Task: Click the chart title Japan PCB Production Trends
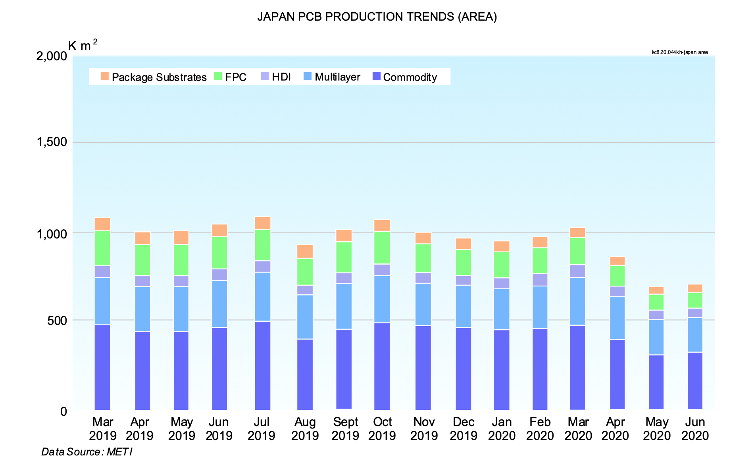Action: (377, 17)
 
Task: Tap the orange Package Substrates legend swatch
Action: (105, 76)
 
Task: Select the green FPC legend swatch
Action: (218, 76)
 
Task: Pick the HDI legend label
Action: (281, 77)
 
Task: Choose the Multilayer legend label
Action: (337, 77)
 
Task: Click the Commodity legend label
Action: (410, 77)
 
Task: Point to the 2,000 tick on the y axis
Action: (52, 56)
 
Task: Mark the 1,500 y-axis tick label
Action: (52, 142)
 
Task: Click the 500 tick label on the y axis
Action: (57, 320)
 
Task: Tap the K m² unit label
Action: (83, 45)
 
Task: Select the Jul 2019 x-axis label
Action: (261, 428)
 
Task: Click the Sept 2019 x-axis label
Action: (345, 428)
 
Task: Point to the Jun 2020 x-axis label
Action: (695, 428)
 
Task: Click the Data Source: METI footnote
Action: (87, 452)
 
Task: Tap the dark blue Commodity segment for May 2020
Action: (656, 382)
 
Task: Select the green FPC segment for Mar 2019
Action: (102, 248)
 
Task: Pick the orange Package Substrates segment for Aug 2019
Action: (305, 252)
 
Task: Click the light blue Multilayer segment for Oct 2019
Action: (382, 299)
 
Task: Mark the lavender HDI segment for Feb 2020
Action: (540, 280)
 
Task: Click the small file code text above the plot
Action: (679, 52)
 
